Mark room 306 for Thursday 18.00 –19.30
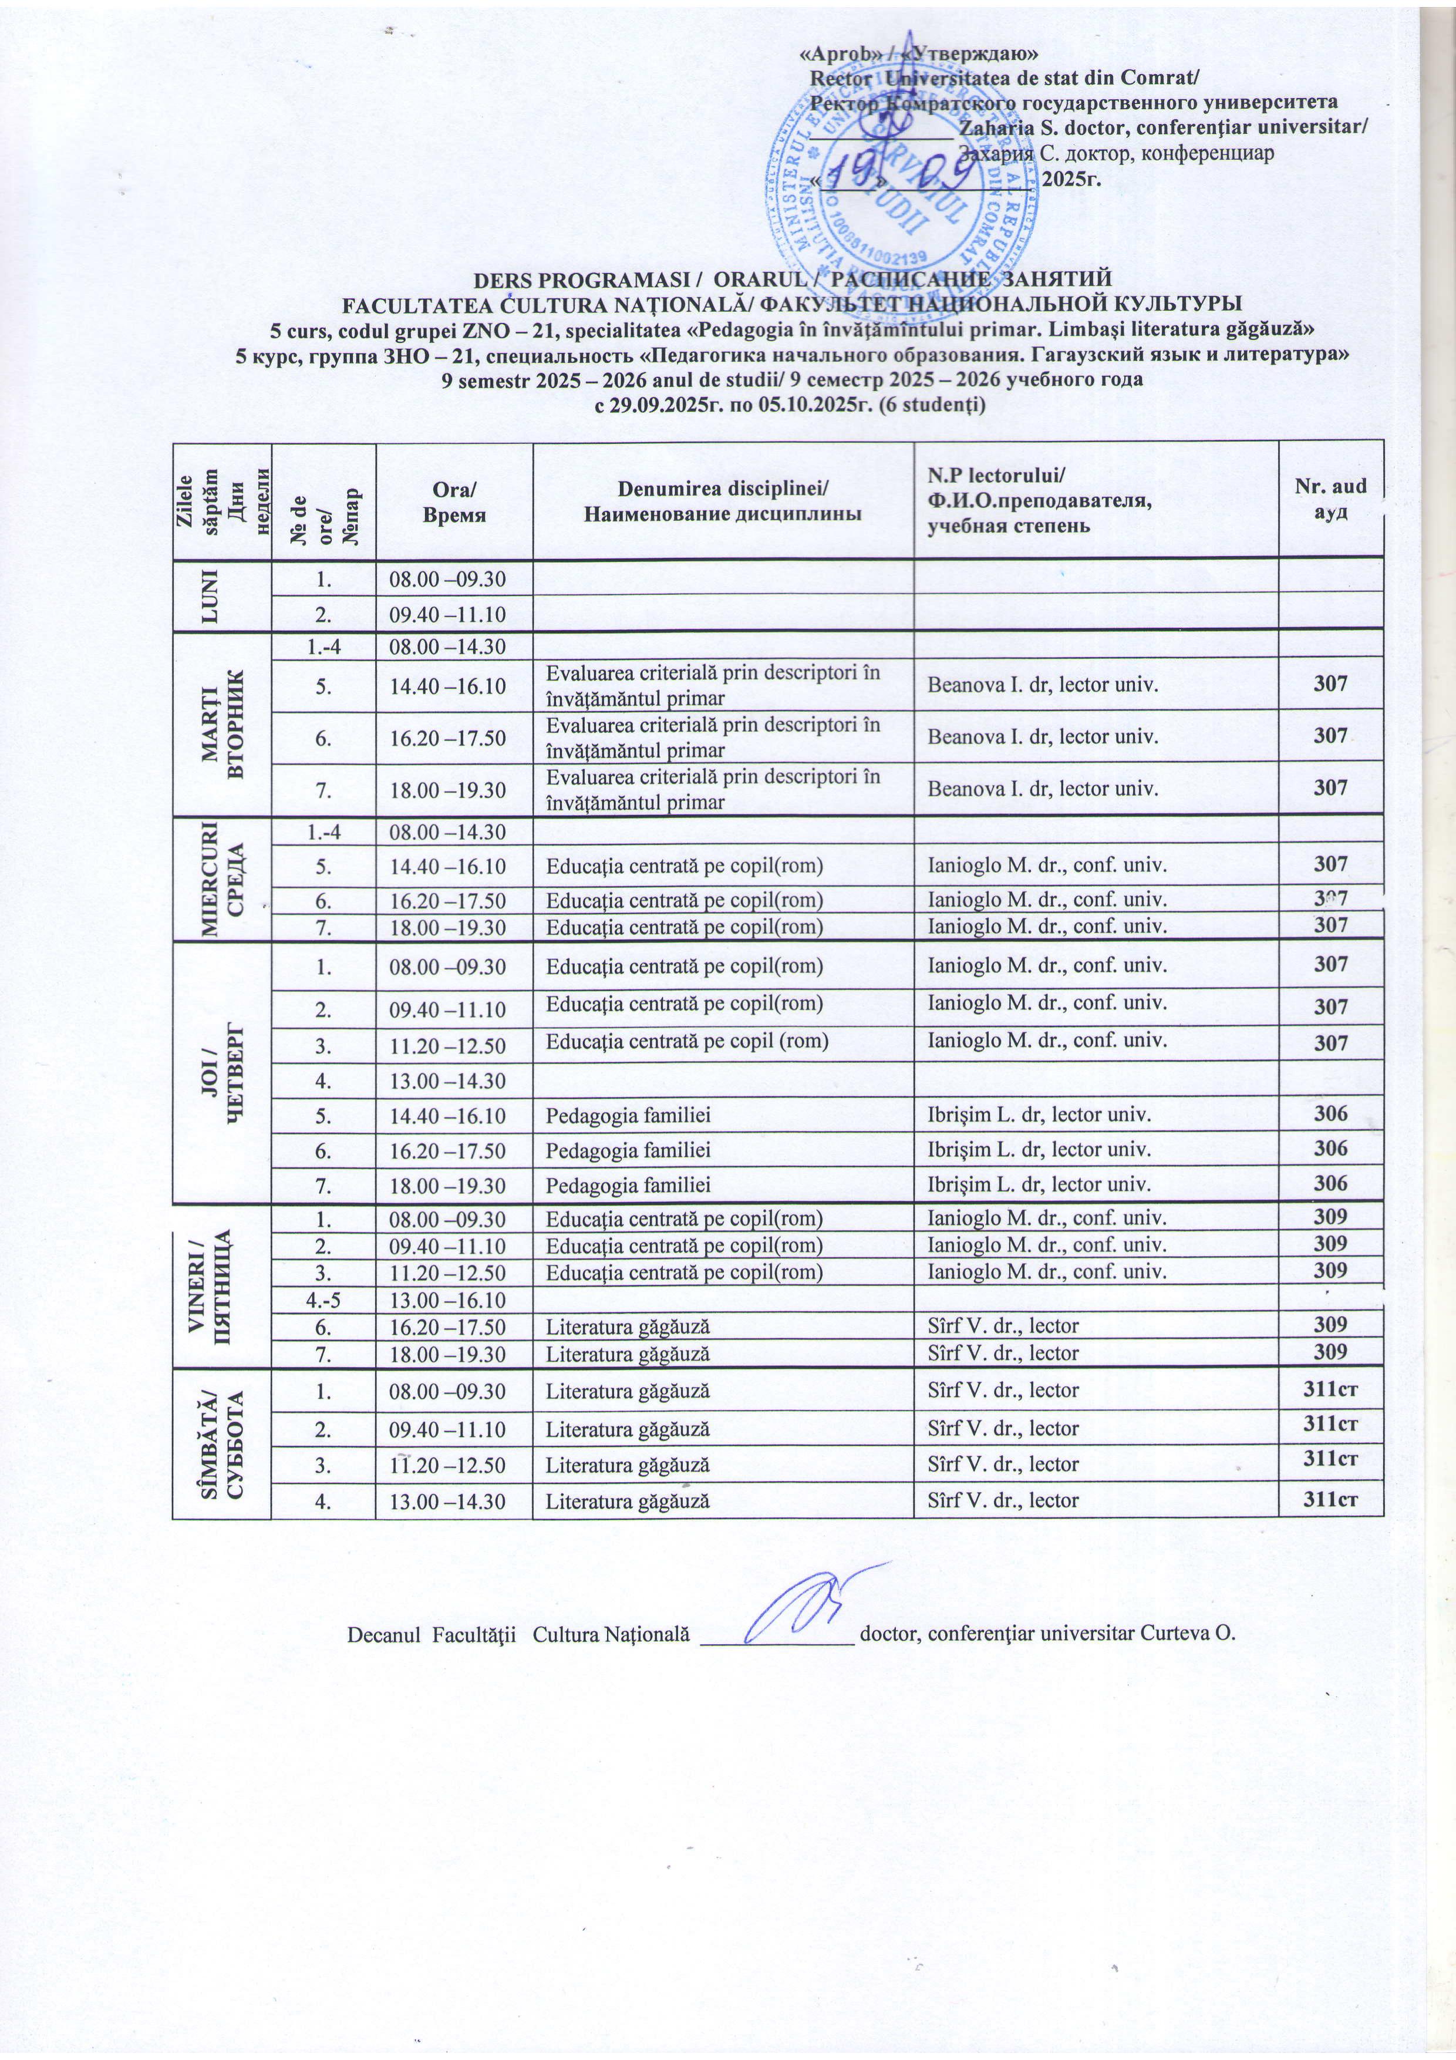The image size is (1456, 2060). point(1330,1183)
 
